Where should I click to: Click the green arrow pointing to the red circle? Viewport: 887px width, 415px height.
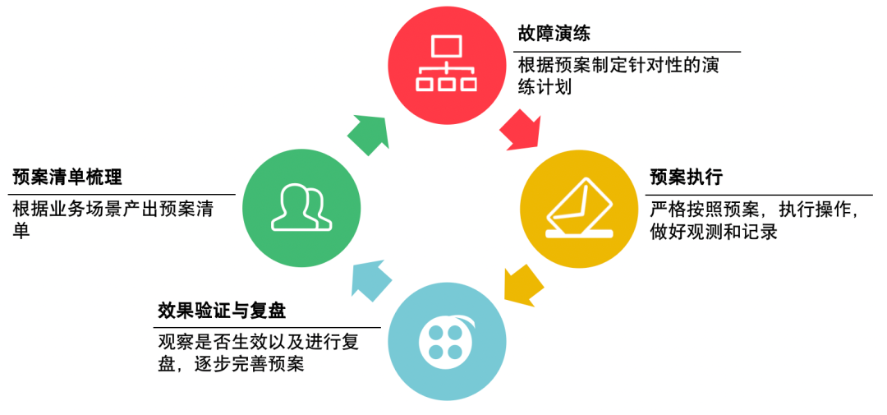tap(367, 132)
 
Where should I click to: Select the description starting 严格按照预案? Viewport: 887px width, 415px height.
tap(754, 220)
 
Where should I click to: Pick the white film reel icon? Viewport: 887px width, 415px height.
tap(444, 340)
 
